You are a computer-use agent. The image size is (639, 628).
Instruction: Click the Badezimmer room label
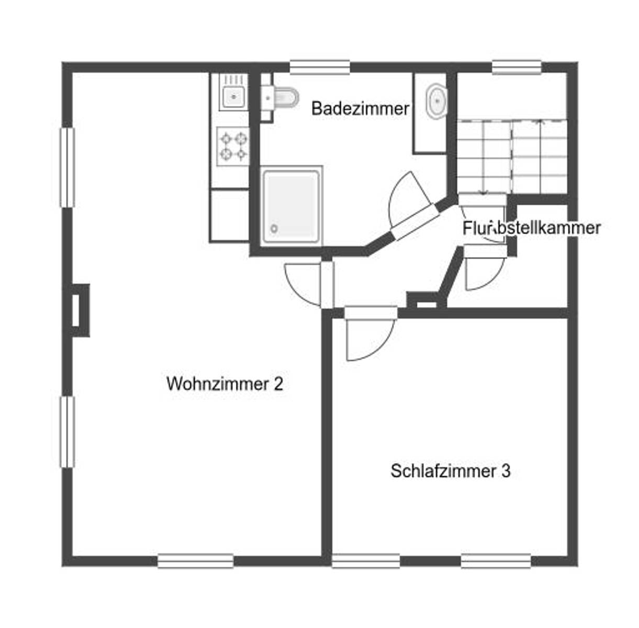[360, 109]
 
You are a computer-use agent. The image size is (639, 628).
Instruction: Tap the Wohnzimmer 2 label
[225, 384]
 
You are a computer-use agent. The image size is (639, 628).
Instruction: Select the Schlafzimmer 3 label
[450, 471]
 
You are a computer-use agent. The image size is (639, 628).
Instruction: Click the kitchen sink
[233, 96]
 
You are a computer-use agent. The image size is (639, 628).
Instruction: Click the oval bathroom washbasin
[436, 101]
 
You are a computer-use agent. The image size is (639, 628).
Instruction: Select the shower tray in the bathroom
[291, 205]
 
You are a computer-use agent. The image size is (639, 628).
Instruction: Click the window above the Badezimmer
[320, 66]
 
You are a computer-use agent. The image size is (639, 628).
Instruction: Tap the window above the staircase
[516, 66]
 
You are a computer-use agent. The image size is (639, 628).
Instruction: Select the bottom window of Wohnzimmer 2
[195, 560]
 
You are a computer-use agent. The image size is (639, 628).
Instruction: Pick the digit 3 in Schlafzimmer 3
[506, 471]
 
